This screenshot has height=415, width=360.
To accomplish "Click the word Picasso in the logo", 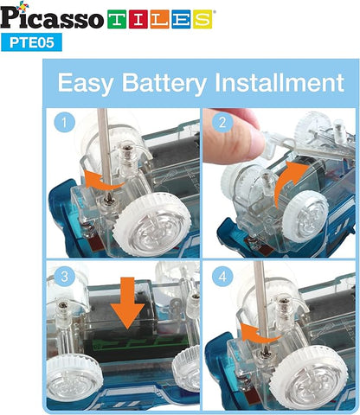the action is [x=52, y=17].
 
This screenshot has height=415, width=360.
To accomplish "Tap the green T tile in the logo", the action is [x=117, y=19].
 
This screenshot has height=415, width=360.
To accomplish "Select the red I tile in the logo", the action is [x=138, y=19].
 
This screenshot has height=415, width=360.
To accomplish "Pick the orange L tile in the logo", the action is [x=159, y=19].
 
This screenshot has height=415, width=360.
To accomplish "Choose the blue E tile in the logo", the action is [x=181, y=19].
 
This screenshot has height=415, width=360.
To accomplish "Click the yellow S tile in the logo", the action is [x=202, y=19].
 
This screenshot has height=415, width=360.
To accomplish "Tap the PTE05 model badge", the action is [x=31, y=42].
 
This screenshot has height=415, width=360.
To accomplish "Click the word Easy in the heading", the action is [x=86, y=83].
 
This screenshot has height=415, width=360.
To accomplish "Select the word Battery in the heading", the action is [x=164, y=83].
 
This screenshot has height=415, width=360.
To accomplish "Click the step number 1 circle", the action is [x=64, y=122].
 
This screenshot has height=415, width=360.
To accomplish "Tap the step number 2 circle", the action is [x=222, y=122].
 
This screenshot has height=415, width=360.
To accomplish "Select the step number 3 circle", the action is [x=64, y=277].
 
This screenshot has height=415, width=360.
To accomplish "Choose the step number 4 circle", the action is [x=222, y=277].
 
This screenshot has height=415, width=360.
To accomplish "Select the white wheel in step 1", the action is [x=153, y=223].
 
